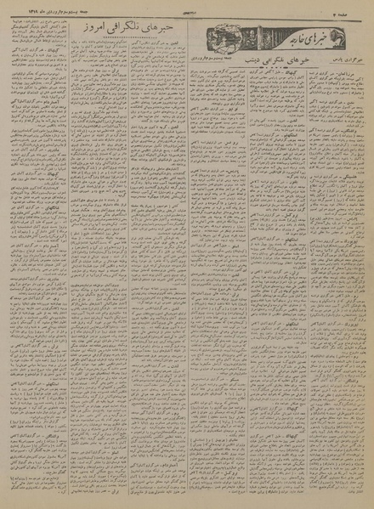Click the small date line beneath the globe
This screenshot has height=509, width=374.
point(229,54)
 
